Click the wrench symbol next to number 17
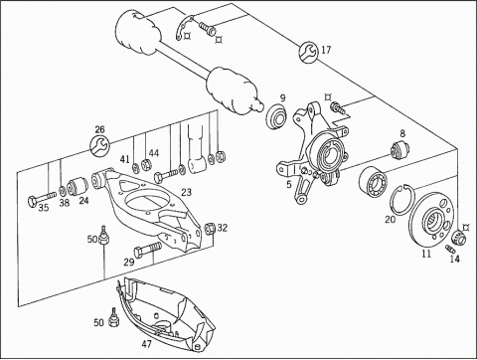pos(309,52)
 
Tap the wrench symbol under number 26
pos(99,145)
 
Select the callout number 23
pos(187,192)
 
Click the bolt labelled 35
pos(42,199)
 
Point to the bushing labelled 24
pos(78,187)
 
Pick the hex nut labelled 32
pos(211,228)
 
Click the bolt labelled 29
pos(147,250)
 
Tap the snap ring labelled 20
pos(400,201)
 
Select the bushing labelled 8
pos(400,150)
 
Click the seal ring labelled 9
pos(276,116)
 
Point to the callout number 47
pos(147,344)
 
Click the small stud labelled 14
pos(449,249)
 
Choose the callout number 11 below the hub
pos(426,254)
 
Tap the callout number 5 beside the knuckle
pos(289,184)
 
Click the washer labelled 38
pos(62,190)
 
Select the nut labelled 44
pos(145,164)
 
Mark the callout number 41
pos(124,159)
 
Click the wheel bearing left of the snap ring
pos(374,183)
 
